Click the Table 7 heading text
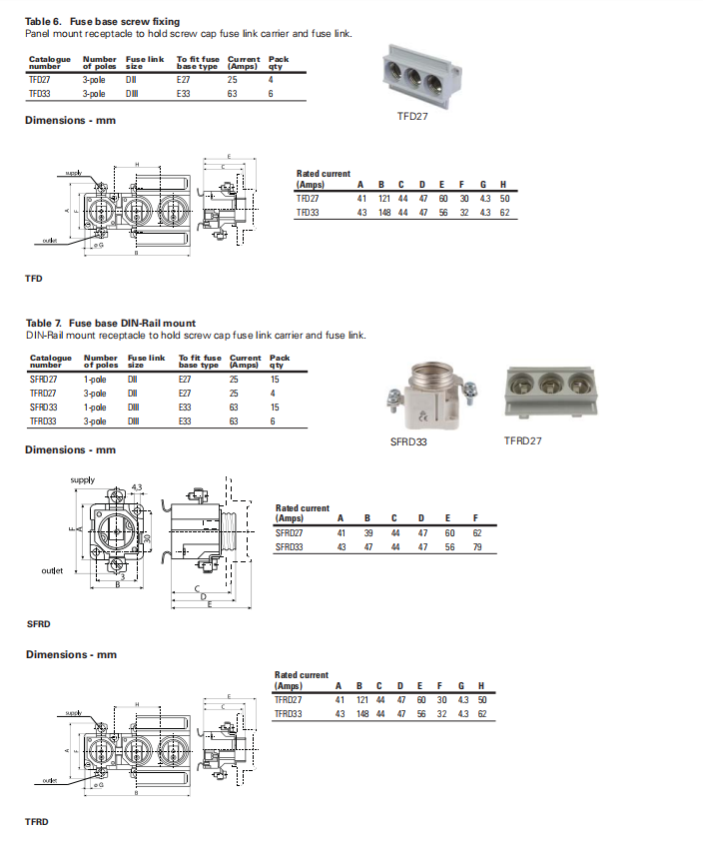[x=110, y=323]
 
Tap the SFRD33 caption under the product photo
[x=408, y=440]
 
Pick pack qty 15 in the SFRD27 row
[x=275, y=380]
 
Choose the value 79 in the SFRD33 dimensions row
[x=477, y=546]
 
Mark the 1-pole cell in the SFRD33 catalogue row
[x=96, y=408]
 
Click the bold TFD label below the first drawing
[x=33, y=279]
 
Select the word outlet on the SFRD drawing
[x=52, y=570]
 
